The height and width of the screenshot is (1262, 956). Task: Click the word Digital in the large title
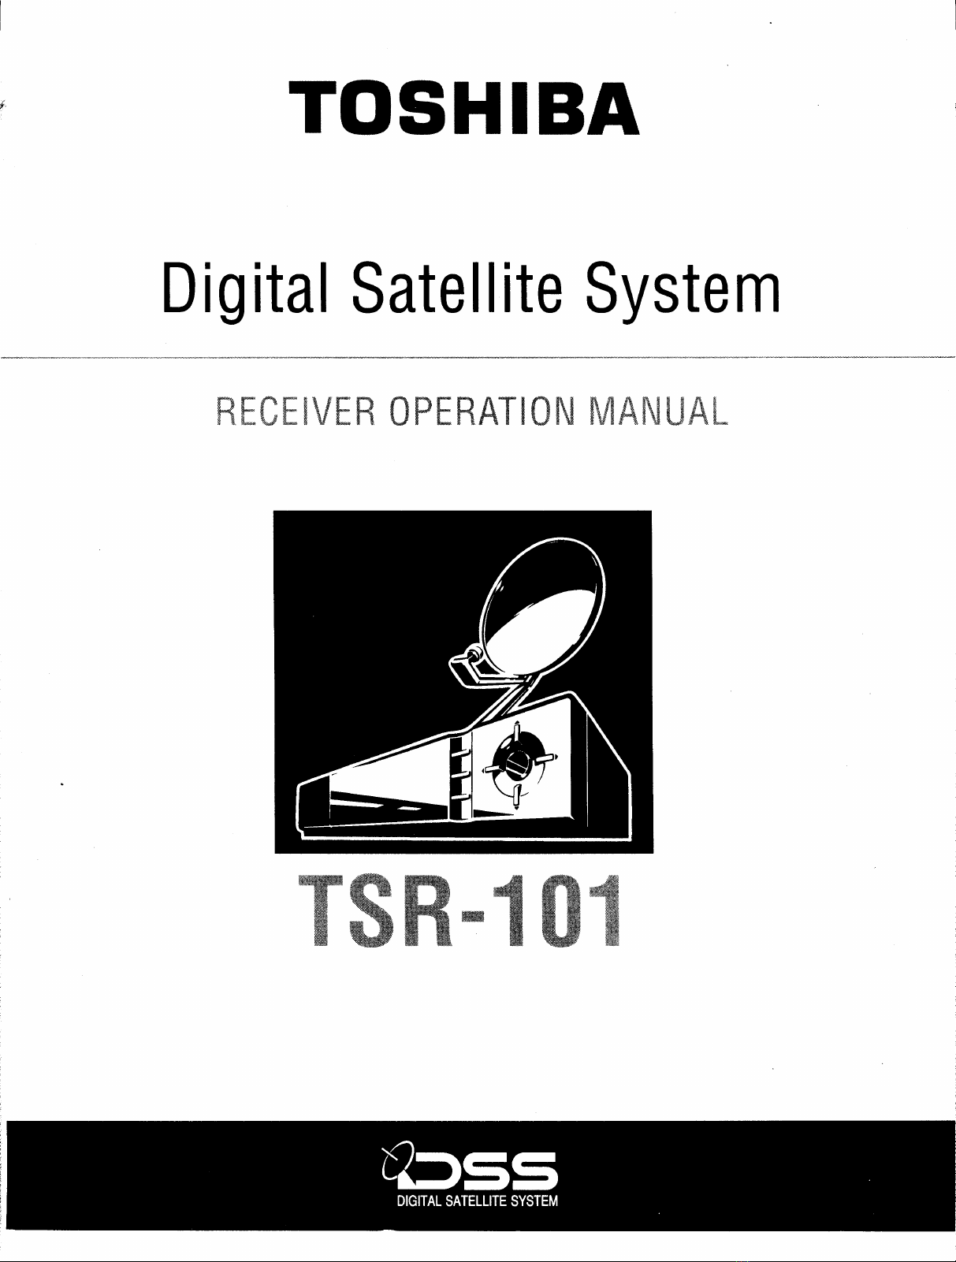coord(244,290)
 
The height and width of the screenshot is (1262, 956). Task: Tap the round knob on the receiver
coord(517,763)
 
